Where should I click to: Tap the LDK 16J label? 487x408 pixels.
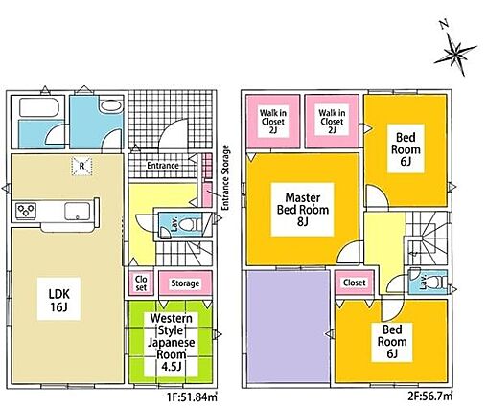coord(58,300)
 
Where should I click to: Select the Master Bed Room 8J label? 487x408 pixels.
coord(303,209)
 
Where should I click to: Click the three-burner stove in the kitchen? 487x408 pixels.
coord(26,211)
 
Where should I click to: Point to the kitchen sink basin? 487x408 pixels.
coord(78,212)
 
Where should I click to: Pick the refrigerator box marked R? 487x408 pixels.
coord(81,166)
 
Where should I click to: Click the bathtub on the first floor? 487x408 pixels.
coord(38,107)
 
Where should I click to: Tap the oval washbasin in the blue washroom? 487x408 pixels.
coord(110,106)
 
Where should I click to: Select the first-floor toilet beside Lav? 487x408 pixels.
coord(189,224)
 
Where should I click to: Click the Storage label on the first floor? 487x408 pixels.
coord(185,283)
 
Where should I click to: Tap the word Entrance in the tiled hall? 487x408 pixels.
coord(163,166)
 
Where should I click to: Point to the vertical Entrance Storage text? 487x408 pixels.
coord(225,177)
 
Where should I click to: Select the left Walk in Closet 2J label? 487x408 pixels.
coord(273,122)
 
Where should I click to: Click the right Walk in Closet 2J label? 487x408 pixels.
coord(332,122)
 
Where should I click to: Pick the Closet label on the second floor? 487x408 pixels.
coord(355,283)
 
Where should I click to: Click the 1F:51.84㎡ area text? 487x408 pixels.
coord(192,397)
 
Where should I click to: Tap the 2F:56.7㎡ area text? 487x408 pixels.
coord(430,397)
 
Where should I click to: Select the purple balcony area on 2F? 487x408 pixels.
coord(289,327)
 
